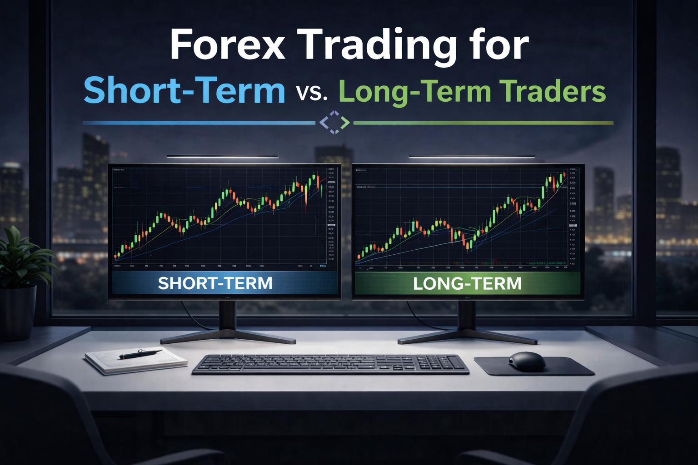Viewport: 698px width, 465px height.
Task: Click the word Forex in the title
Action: (x=228, y=45)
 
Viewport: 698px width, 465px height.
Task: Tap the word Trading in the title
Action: (x=379, y=45)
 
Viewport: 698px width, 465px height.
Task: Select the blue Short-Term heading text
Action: (x=184, y=91)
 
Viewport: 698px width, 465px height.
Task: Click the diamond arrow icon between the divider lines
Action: (x=334, y=122)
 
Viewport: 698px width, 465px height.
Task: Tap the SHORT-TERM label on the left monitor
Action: (x=215, y=283)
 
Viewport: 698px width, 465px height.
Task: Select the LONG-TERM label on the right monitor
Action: (x=467, y=283)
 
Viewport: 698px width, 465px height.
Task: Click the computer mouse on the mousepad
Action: (x=527, y=361)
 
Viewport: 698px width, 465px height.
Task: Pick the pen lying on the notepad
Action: (x=140, y=354)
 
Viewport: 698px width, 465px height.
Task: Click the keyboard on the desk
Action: (x=330, y=364)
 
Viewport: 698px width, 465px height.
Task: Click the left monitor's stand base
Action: (x=228, y=337)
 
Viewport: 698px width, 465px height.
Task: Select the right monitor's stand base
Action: (x=466, y=337)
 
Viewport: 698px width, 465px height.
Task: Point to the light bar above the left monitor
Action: (x=222, y=157)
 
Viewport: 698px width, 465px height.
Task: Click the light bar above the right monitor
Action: (x=471, y=157)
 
